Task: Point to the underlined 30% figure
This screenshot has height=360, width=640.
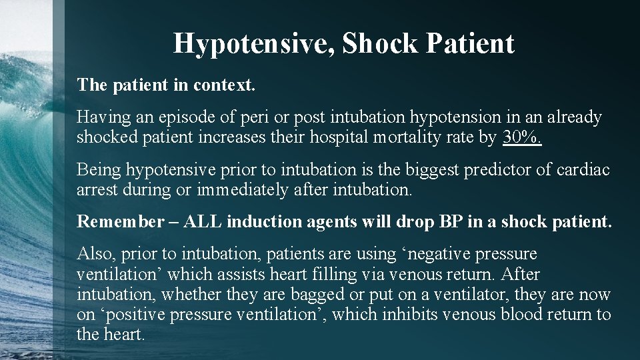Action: coord(523,138)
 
